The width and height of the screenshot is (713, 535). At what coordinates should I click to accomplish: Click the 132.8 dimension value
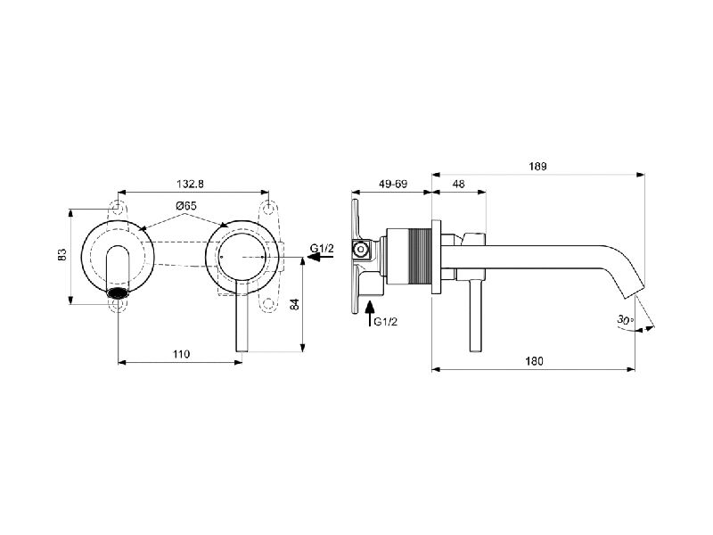click(x=190, y=184)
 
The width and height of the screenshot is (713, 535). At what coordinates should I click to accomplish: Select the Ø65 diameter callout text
click(x=186, y=206)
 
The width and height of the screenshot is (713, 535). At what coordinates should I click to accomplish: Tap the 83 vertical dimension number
click(x=62, y=254)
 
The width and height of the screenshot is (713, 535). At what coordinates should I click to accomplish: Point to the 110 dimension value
click(x=181, y=354)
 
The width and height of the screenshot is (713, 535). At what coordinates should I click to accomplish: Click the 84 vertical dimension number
click(x=295, y=304)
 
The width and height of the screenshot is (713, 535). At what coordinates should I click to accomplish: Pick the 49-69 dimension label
click(x=393, y=184)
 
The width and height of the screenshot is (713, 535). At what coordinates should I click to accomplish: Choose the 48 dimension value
click(x=459, y=184)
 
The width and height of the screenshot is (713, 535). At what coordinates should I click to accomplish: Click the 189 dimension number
click(x=537, y=167)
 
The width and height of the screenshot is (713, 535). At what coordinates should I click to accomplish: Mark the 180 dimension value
click(x=534, y=361)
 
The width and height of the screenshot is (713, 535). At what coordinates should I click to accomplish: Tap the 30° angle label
click(x=626, y=319)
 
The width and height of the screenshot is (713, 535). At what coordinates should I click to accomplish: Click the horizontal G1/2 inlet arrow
click(x=321, y=257)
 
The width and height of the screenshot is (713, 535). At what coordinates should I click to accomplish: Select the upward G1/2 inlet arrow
click(x=370, y=314)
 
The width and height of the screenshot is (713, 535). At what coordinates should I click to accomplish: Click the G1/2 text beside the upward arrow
click(x=386, y=322)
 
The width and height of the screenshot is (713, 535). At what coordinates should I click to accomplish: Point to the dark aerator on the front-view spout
click(x=118, y=293)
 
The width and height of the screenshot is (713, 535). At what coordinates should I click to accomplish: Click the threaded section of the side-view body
click(x=420, y=257)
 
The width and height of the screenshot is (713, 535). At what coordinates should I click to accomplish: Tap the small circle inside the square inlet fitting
click(x=362, y=250)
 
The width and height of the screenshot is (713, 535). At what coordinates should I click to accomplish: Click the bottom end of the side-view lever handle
click(x=476, y=351)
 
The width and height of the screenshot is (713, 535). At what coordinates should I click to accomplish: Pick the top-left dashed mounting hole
click(x=118, y=206)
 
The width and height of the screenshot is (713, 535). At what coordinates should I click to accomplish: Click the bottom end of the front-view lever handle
click(x=242, y=350)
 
